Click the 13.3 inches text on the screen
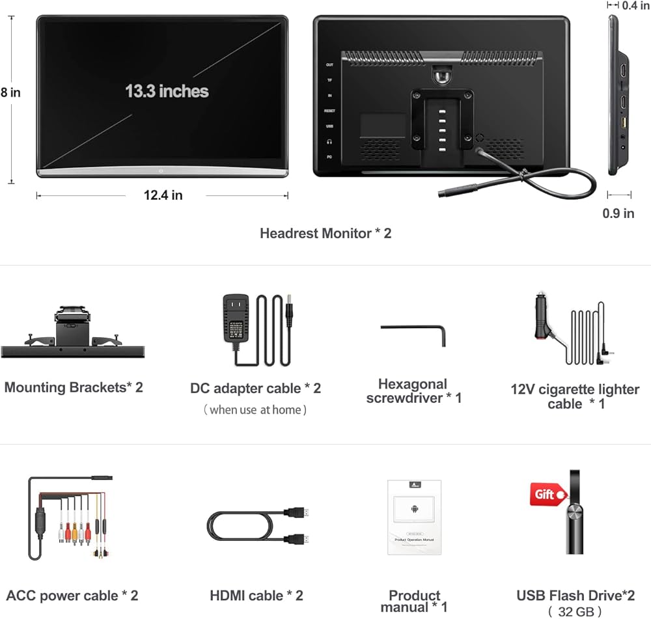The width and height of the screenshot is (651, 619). point(167,90)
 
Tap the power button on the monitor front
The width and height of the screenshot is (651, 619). point(161,171)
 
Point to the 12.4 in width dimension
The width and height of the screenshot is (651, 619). point(163,195)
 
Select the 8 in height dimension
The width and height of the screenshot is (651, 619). point(10,92)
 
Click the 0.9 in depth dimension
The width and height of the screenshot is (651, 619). point(619,213)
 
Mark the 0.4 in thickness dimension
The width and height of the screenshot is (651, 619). point(635,6)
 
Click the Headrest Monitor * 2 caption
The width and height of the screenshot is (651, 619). point(325,233)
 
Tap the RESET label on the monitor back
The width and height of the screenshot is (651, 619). point(329,111)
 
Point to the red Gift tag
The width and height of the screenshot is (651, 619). point(547,495)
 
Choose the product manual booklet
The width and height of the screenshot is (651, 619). point(414,517)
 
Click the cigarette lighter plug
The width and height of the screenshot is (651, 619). point(540,318)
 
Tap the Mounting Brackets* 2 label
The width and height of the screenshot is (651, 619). point(74,388)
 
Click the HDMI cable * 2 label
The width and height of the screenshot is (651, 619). point(256,596)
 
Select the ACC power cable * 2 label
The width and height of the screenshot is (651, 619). point(72,596)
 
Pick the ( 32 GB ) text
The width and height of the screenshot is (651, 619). point(575,611)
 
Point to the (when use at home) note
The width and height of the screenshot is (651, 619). point(255,410)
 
